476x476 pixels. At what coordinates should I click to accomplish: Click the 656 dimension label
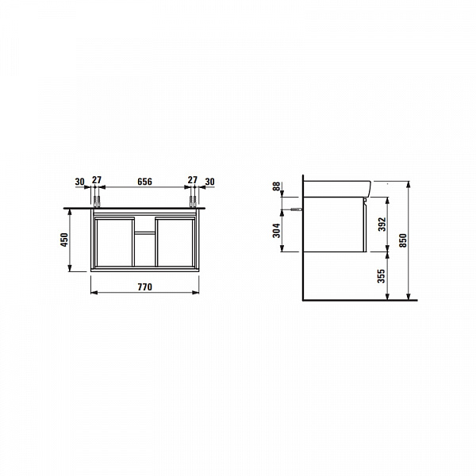pyautogui.click(x=144, y=182)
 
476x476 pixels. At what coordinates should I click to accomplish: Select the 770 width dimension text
pyautogui.click(x=145, y=287)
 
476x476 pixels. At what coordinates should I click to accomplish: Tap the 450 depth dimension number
pyautogui.click(x=65, y=240)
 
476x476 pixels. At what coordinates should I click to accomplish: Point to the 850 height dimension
pyautogui.click(x=403, y=240)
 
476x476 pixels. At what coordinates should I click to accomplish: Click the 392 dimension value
pyautogui.click(x=382, y=224)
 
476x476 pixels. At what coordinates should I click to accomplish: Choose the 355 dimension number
pyautogui.click(x=382, y=276)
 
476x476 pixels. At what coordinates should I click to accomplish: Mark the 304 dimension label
pyautogui.click(x=277, y=230)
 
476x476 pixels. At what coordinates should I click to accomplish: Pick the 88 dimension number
pyautogui.click(x=277, y=186)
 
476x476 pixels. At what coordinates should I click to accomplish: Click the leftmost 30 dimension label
pyautogui.click(x=79, y=182)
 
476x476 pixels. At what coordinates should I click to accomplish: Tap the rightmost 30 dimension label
pyautogui.click(x=209, y=182)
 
